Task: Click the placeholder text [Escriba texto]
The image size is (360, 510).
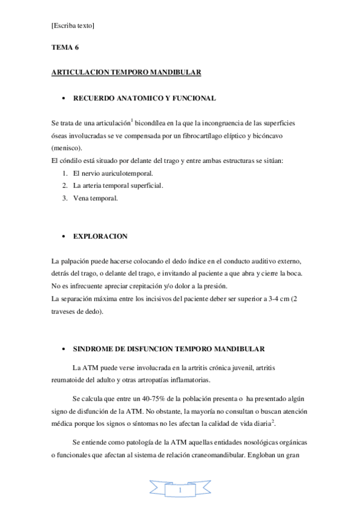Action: click(73, 26)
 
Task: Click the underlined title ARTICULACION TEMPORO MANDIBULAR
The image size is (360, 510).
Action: click(126, 72)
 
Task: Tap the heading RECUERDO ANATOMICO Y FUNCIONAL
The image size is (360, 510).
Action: click(144, 98)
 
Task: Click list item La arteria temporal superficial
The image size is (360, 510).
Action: click(117, 185)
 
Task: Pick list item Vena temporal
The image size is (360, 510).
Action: click(95, 197)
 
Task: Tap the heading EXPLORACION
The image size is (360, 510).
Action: click(100, 236)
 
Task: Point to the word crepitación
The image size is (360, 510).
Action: click(151, 286)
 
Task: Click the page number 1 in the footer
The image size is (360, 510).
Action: click(180, 493)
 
